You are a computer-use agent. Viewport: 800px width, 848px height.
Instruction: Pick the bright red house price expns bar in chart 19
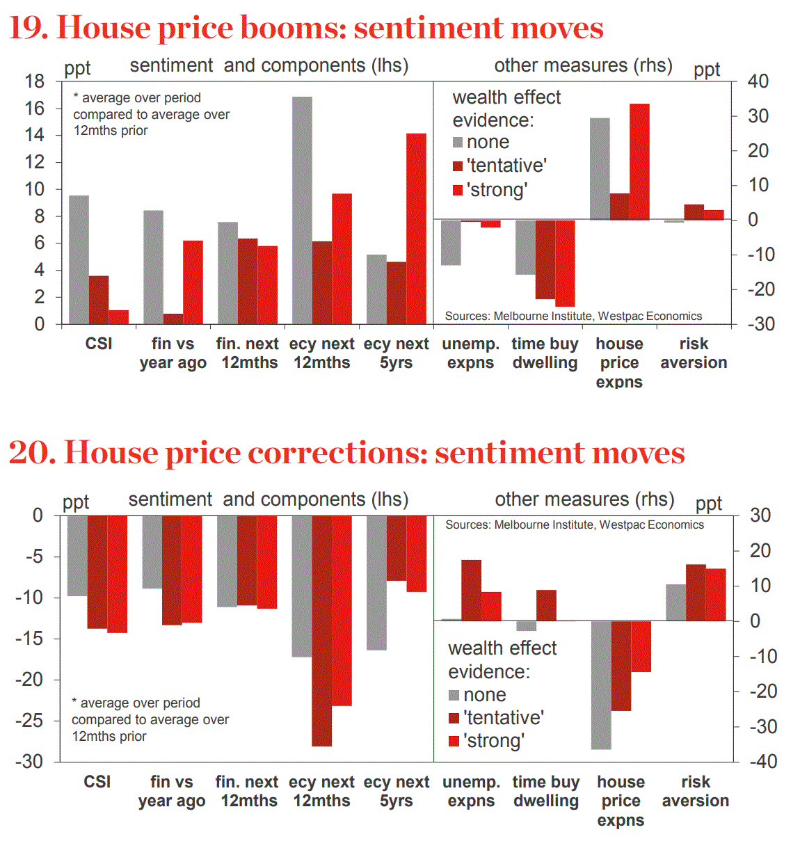(639, 162)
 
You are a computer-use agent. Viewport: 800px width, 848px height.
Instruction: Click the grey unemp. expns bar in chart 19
(451, 243)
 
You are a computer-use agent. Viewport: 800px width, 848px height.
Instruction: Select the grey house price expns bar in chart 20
(601, 685)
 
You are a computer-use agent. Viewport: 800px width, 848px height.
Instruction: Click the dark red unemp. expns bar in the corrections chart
(471, 590)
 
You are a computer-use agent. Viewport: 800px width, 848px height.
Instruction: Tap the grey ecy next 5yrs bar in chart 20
(376, 583)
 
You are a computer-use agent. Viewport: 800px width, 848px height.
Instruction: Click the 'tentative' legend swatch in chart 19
(458, 166)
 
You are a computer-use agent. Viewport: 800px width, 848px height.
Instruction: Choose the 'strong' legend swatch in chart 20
(454, 741)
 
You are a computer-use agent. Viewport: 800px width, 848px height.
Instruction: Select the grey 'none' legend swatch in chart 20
(454, 695)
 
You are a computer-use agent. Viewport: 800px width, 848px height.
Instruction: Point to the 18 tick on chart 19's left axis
(35, 81)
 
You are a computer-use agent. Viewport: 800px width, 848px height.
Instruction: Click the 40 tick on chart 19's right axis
(758, 81)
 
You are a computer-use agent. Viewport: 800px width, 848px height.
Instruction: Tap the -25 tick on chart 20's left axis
(29, 721)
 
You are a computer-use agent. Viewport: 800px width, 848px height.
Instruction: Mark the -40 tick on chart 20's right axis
(763, 762)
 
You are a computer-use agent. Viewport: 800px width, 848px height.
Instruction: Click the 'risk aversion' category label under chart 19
(694, 353)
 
